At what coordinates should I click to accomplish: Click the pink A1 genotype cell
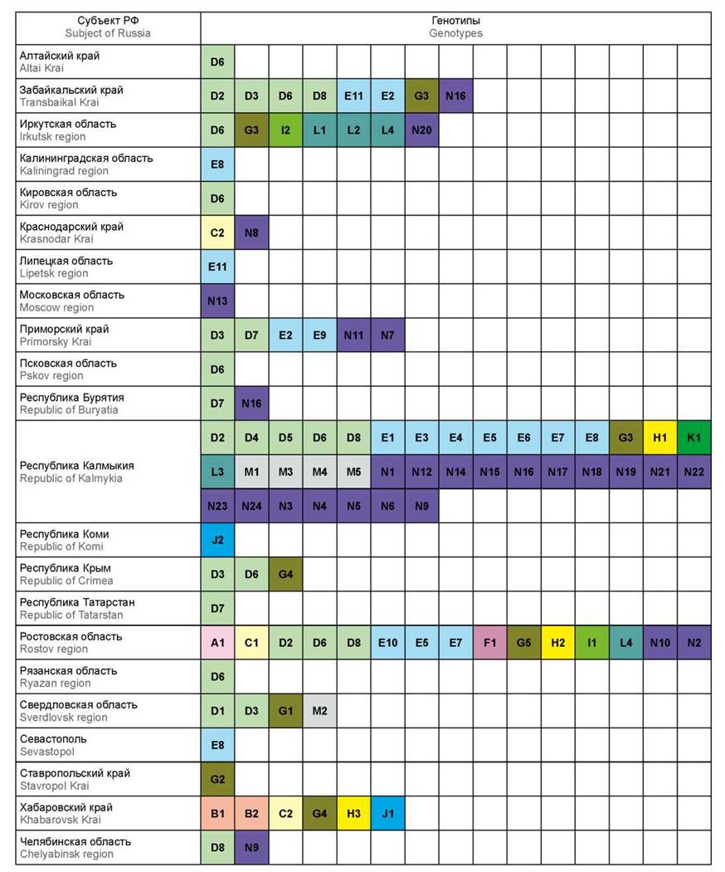pyautogui.click(x=217, y=642)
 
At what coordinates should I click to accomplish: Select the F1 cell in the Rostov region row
pyautogui.click(x=489, y=642)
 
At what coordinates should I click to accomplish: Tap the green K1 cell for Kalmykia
pyautogui.click(x=693, y=438)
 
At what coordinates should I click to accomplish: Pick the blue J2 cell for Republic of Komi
pyautogui.click(x=217, y=540)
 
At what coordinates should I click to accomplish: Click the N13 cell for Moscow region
pyautogui.click(x=217, y=301)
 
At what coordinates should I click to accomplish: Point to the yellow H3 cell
pyautogui.click(x=353, y=813)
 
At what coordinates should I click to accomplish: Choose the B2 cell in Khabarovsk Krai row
pyautogui.click(x=251, y=813)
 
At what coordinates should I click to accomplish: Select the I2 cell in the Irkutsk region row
pyautogui.click(x=285, y=130)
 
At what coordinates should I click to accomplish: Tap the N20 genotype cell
pyautogui.click(x=421, y=130)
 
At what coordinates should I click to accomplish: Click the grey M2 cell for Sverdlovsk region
pyautogui.click(x=319, y=711)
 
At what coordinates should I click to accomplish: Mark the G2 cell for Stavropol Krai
pyautogui.click(x=217, y=779)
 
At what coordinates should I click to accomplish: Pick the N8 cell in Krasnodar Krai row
pyautogui.click(x=251, y=233)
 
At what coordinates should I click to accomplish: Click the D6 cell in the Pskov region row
pyautogui.click(x=217, y=370)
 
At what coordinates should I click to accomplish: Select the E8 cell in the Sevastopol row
pyautogui.click(x=217, y=745)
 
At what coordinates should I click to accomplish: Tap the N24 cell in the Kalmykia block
pyautogui.click(x=251, y=506)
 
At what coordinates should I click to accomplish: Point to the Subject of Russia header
pyautogui.click(x=109, y=27)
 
